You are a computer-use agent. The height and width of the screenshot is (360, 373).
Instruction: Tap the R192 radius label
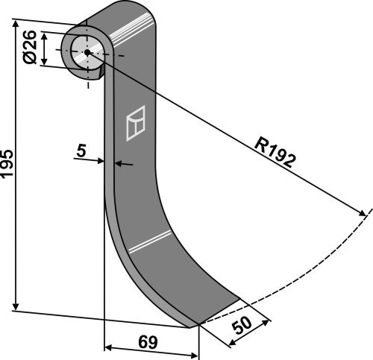[275, 150]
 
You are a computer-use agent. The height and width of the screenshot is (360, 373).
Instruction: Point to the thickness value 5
[81, 151]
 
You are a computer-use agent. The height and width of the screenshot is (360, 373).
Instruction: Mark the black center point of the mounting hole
[87, 51]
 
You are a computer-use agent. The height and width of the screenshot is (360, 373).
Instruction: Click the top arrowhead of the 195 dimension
[16, 25]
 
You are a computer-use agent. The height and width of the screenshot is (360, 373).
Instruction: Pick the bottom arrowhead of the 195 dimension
[16, 308]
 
